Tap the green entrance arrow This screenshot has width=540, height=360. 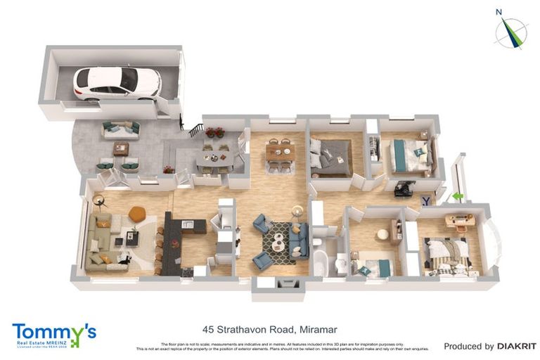click(458, 198)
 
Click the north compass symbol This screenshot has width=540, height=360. click(510, 31)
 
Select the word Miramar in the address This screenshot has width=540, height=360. click(321, 328)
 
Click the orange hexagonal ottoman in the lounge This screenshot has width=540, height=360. click(136, 212)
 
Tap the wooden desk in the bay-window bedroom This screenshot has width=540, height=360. click(461, 220)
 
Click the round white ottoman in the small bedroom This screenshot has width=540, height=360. click(383, 233)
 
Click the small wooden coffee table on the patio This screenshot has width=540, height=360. click(121, 148)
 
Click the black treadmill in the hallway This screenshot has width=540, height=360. click(404, 188)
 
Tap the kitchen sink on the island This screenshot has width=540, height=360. click(187, 224)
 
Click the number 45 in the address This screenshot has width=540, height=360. click(208, 328)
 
